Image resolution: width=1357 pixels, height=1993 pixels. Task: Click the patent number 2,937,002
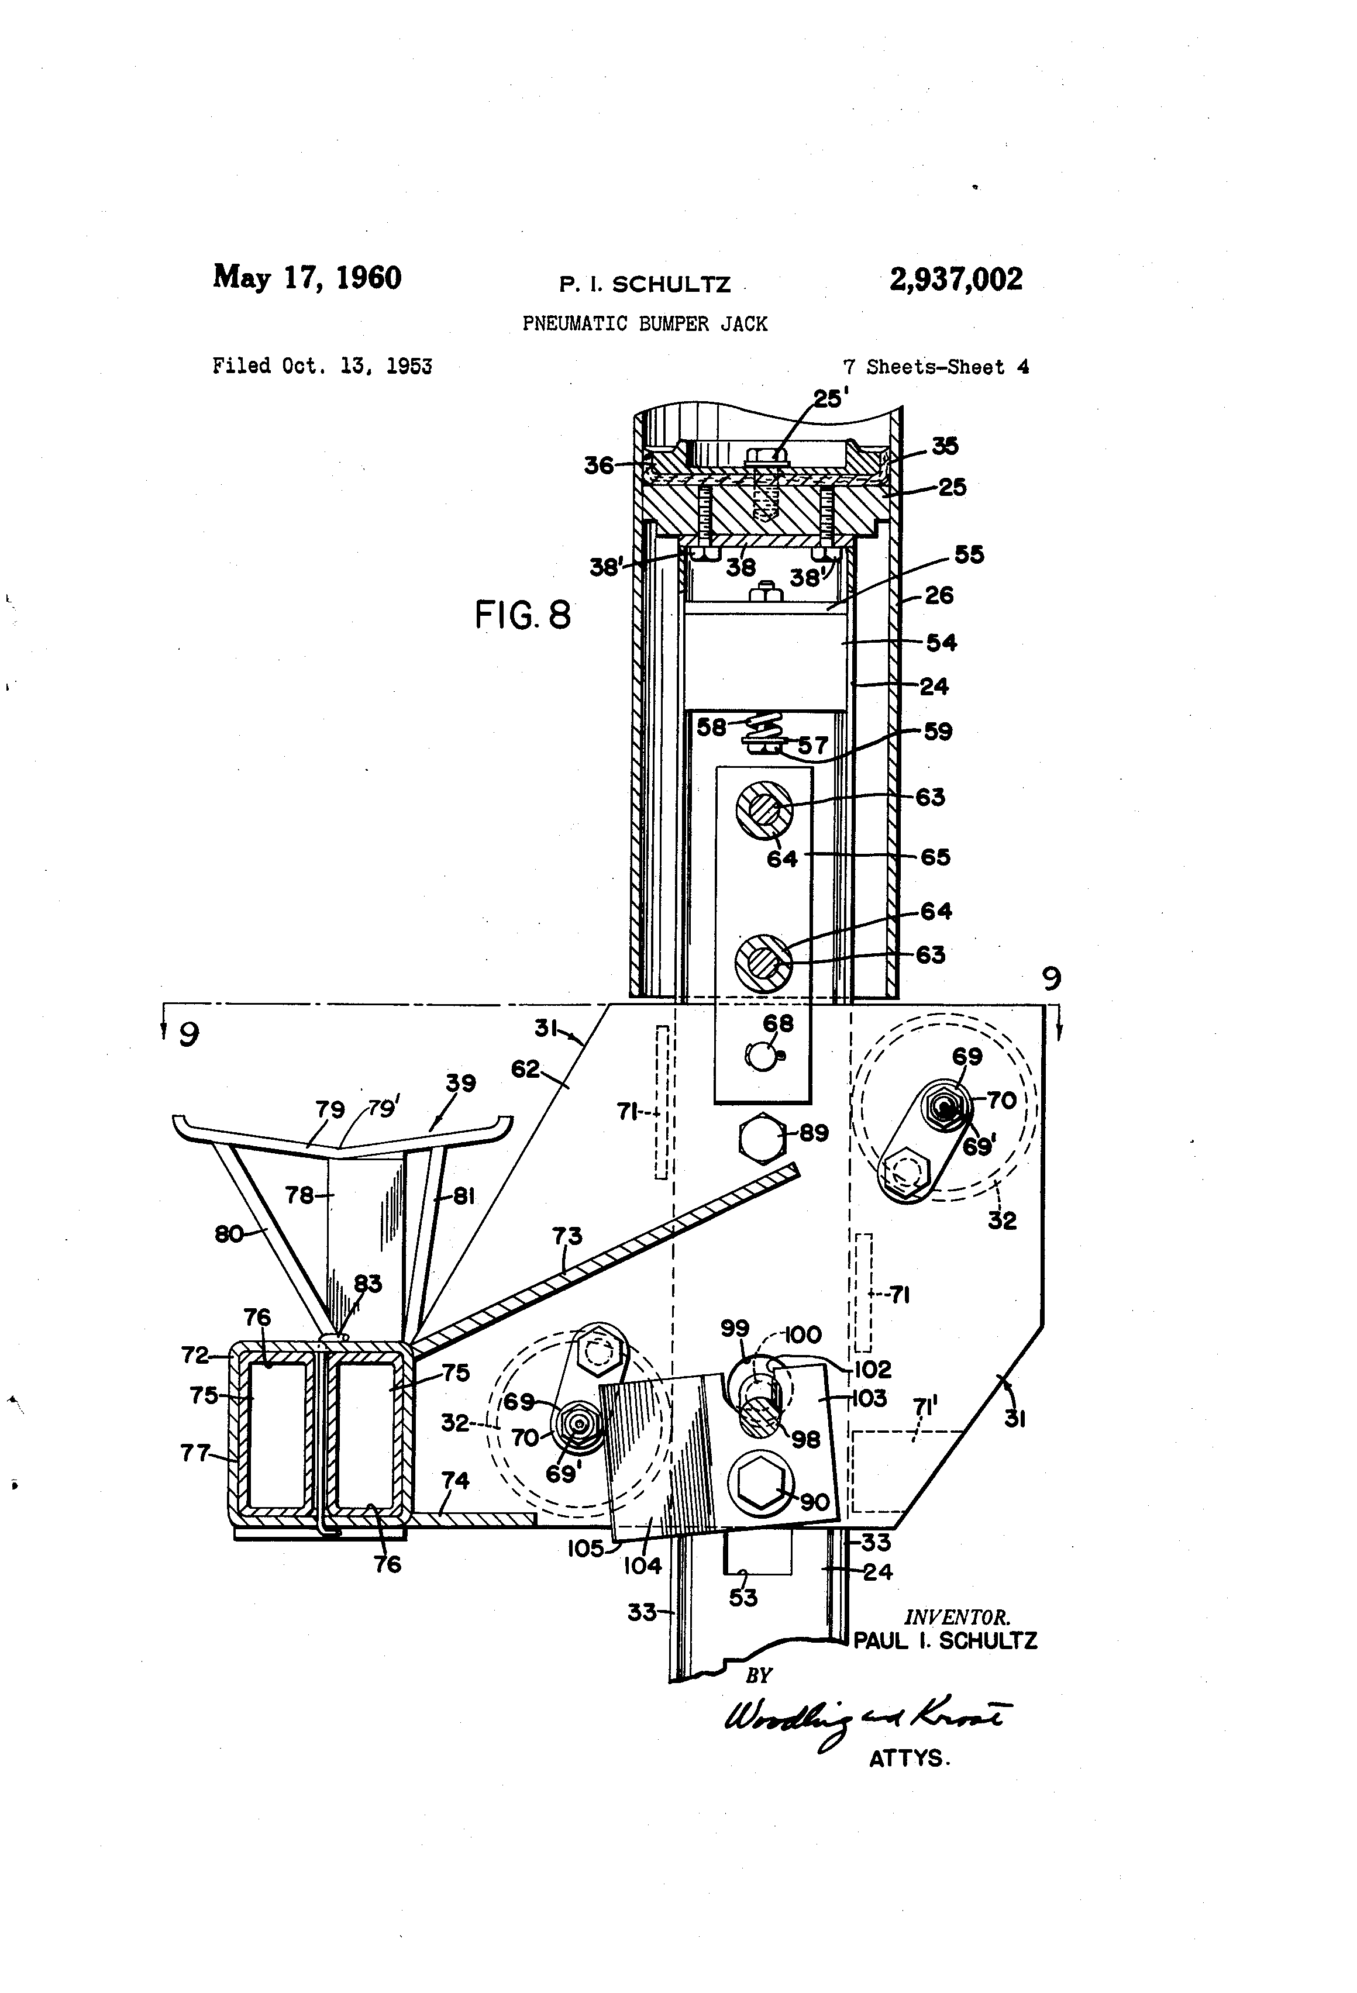tap(956, 280)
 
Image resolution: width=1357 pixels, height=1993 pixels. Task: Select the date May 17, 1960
tap(307, 278)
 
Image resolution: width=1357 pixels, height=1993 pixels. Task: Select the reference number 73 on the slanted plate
tap(567, 1235)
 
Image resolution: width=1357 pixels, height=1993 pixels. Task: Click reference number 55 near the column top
tap(969, 555)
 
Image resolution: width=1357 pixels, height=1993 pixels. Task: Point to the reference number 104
tap(642, 1565)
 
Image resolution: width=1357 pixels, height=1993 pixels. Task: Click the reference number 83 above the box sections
tap(368, 1284)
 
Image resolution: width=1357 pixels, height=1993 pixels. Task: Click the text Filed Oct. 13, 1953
tap(322, 366)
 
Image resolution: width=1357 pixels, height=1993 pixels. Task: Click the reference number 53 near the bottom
tap(743, 1597)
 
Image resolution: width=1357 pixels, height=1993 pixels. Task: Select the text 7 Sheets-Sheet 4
tap(936, 367)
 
